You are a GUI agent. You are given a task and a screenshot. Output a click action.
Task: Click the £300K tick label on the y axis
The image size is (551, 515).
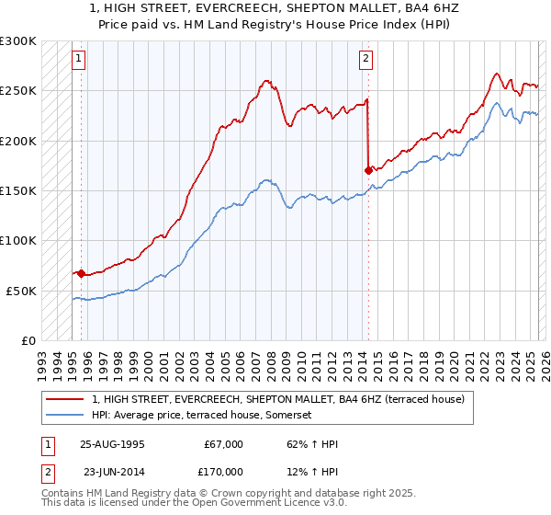click(x=18, y=41)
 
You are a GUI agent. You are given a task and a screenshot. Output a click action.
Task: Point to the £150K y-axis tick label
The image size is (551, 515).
click(x=18, y=191)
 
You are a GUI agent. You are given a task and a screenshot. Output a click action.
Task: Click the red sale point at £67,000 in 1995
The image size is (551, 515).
click(x=81, y=273)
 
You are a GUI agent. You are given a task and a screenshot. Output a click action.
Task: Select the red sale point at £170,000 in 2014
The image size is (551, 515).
click(x=368, y=170)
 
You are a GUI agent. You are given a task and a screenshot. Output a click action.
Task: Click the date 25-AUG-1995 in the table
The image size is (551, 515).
click(x=113, y=444)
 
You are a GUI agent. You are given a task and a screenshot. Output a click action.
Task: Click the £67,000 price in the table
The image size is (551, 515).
click(x=221, y=444)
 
